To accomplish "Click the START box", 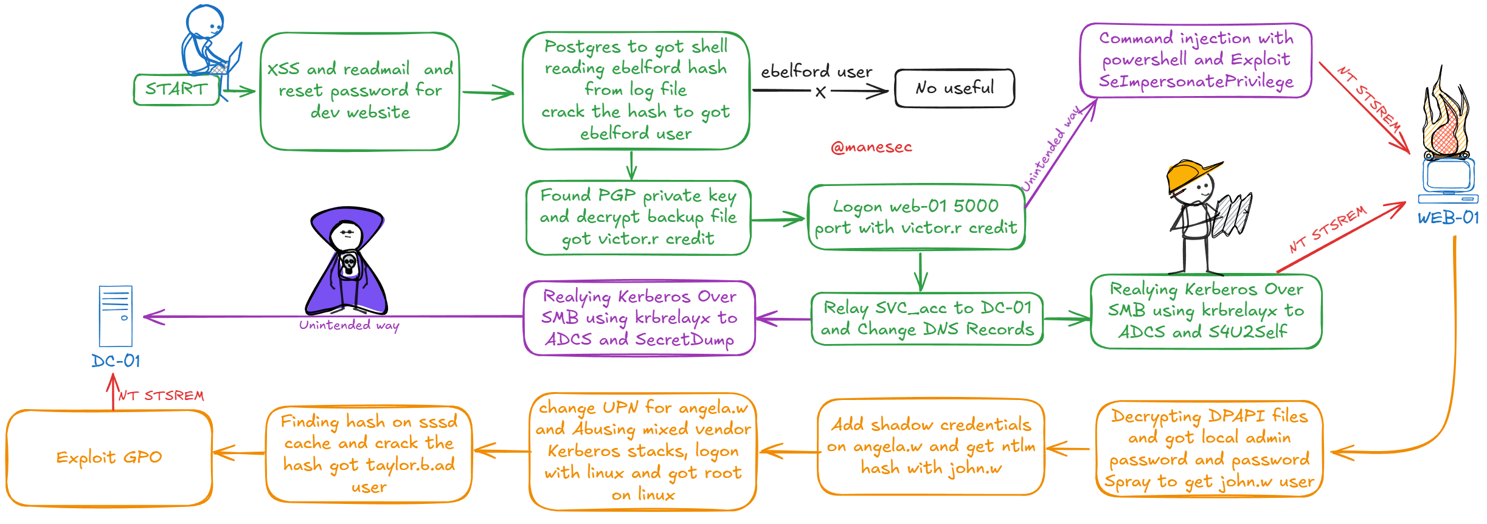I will click(176, 89).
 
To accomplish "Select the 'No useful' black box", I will click(954, 88).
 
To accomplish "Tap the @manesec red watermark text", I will click(871, 147).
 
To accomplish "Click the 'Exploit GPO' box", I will click(109, 457).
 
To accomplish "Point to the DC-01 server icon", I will click(116, 316).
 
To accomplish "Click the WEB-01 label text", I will click(1447, 218).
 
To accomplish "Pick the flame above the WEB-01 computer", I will click(1445, 119).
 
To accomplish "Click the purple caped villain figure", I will click(348, 261).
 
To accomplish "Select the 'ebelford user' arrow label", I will click(816, 71).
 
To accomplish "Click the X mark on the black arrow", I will click(820, 92).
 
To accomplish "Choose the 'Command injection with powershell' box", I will click(1196, 60).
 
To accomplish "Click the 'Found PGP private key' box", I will click(638, 217).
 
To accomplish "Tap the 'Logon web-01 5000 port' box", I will click(916, 217).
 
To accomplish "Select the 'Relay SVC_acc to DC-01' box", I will click(927, 319).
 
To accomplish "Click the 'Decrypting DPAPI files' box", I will click(1209, 449).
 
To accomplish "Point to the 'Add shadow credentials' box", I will click(931, 446).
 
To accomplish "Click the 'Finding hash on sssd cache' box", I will click(369, 454).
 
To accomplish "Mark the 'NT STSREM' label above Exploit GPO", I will click(161, 396).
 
